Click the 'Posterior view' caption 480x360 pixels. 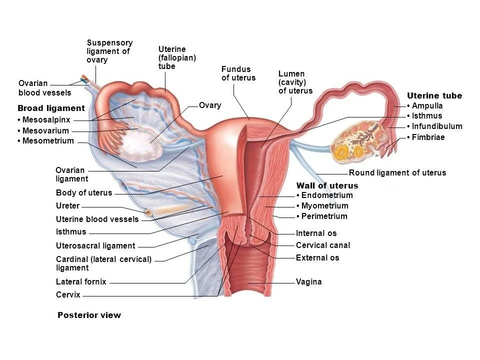tap(89, 315)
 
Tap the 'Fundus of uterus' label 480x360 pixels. tap(238, 73)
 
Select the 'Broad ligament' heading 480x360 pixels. tap(51, 108)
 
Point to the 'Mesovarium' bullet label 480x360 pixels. tap(45, 131)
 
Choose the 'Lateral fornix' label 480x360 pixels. tap(81, 281)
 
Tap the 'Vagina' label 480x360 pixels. tap(308, 282)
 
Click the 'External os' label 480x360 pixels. tap(317, 258)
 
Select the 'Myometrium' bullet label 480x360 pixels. tap(324, 206)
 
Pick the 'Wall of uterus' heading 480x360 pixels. tap(327, 185)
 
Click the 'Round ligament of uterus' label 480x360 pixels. tap(397, 173)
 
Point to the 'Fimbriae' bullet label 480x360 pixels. tap(427, 137)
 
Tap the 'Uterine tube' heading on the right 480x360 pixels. tap(434, 95)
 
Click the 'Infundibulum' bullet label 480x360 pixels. tap(436, 126)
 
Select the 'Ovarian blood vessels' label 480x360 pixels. tap(44, 88)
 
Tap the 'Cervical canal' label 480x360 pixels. tap(322, 245)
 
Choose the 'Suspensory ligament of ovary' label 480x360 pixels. tap(109, 51)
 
